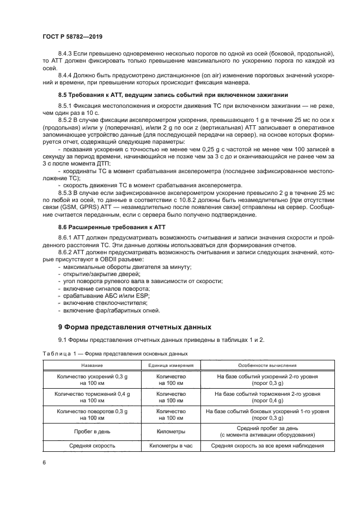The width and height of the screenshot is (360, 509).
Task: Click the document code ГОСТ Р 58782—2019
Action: pos(72,36)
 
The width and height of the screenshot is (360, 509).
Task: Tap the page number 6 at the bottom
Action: pos(44,462)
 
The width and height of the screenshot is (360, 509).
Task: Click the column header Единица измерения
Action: pos(171,365)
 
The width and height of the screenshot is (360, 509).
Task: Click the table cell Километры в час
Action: pos(171,445)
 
